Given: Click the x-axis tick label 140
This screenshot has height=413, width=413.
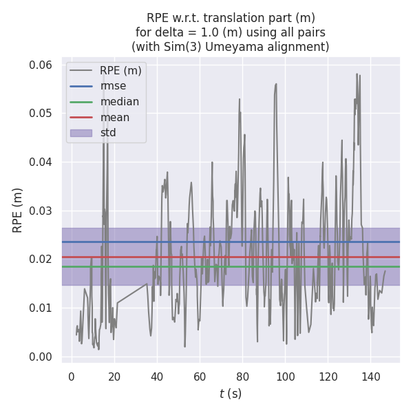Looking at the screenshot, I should tap(371, 377).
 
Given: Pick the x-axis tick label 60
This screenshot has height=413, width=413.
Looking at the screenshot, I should tap(200, 377).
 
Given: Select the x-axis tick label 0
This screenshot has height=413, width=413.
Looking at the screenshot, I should tap(72, 377).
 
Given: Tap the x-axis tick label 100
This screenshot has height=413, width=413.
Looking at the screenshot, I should tap(285, 377).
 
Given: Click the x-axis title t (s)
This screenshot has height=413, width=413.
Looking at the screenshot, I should tap(231, 394).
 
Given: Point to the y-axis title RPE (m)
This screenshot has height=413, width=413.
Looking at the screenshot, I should tap(18, 210).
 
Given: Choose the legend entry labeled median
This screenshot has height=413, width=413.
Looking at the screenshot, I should tap(119, 102).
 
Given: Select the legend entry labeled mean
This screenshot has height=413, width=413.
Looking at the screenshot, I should tap(114, 117).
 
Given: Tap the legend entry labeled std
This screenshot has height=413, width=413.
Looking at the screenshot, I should tap(108, 133).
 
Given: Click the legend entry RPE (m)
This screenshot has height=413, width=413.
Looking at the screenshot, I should tap(120, 70).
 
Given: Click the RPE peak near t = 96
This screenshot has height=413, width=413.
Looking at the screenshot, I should tap(276, 84).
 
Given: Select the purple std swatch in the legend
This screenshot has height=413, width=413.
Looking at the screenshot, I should tap(81, 133).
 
